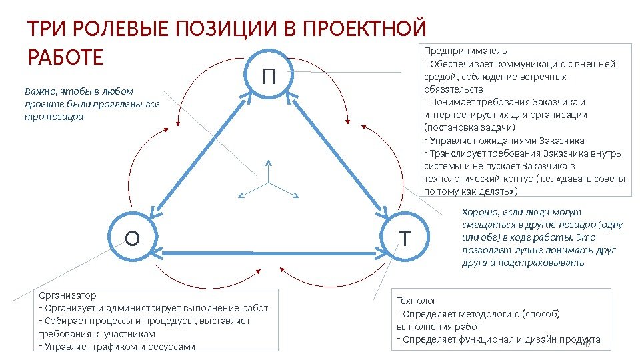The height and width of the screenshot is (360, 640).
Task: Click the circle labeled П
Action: click(268, 75)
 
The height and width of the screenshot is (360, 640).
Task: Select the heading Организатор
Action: click(67, 295)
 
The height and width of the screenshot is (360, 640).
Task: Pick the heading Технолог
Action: click(417, 301)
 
